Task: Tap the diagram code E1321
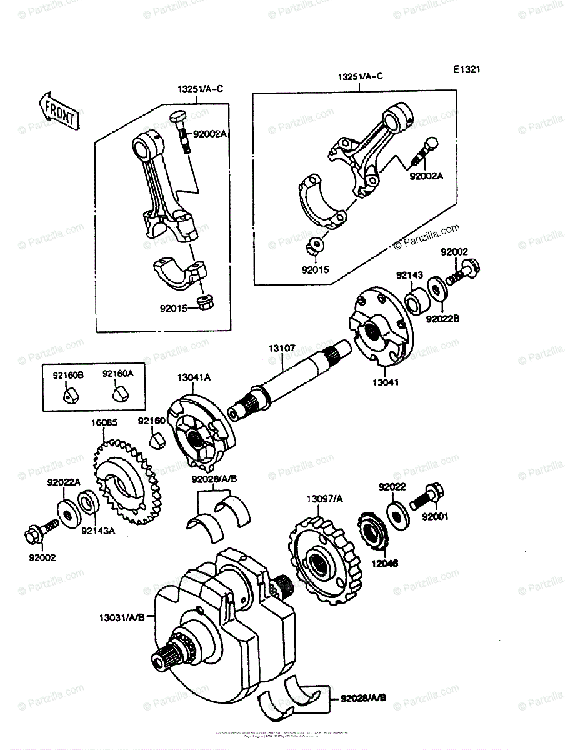pos(467,70)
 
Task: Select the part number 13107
pos(282,344)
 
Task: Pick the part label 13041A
pos(193,377)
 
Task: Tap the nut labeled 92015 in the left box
pos(204,302)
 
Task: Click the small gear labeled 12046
pos(374,531)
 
